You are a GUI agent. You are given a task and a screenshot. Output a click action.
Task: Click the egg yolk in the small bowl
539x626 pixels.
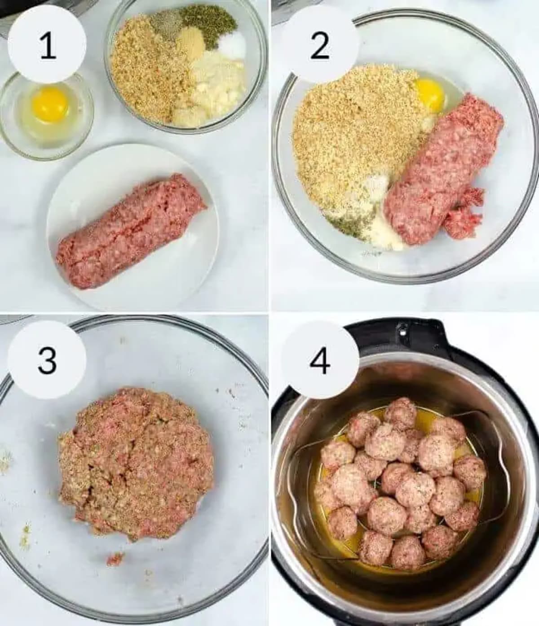(x=50, y=104)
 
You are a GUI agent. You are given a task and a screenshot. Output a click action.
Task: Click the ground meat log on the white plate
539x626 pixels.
(x=130, y=231)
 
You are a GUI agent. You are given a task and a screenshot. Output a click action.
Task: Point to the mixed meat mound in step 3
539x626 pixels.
(x=135, y=462)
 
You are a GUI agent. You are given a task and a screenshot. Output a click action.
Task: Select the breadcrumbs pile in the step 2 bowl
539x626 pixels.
(x=350, y=135)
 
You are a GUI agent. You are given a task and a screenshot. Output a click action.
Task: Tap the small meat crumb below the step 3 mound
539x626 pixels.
(x=115, y=559)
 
